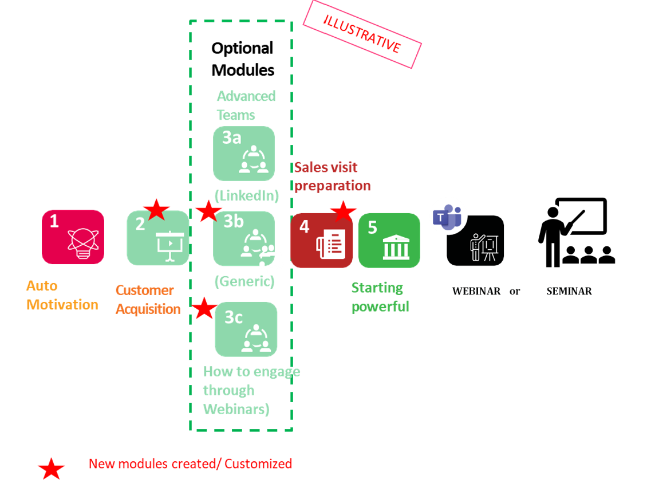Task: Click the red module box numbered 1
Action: [73, 237]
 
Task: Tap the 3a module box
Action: [244, 154]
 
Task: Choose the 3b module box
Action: [244, 238]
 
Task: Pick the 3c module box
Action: [246, 329]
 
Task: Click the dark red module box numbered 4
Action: [321, 241]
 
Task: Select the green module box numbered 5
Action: [389, 240]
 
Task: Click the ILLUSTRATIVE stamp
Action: [362, 34]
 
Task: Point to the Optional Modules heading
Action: [243, 59]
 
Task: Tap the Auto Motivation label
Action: [62, 295]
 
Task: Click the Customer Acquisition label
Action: [148, 300]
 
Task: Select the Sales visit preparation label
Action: [332, 176]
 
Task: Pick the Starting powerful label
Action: [380, 297]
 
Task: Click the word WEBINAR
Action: [476, 291]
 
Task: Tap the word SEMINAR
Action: [569, 291]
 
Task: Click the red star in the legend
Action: [51, 469]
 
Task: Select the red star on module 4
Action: [344, 211]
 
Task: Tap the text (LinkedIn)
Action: [246, 195]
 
